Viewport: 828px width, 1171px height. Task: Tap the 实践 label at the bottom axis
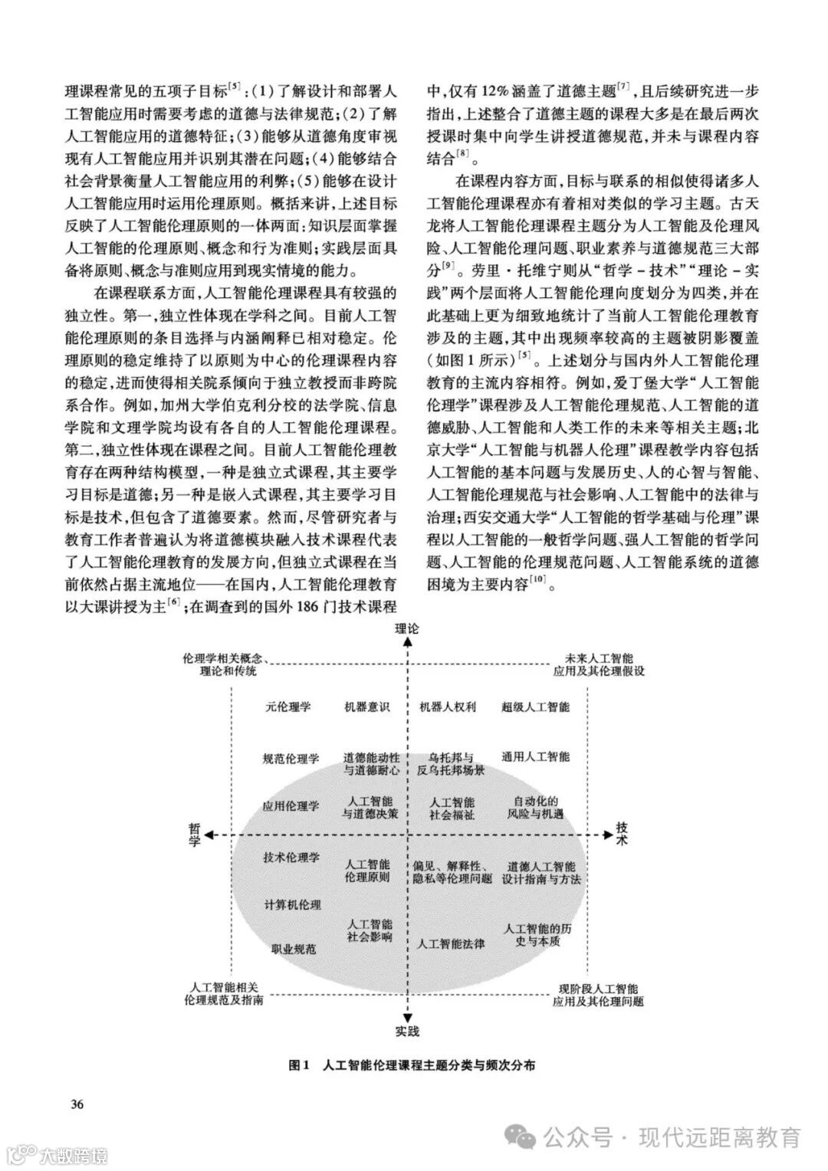click(407, 1031)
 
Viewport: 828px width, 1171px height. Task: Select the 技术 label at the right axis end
click(623, 834)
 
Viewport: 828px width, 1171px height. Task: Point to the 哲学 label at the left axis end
click(195, 835)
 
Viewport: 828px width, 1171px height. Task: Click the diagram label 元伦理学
click(288, 707)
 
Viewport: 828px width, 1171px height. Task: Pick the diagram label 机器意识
click(367, 707)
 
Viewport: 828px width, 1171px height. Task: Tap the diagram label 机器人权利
click(449, 707)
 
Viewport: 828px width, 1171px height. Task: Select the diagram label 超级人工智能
click(536, 707)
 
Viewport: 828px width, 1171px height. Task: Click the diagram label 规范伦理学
click(291, 759)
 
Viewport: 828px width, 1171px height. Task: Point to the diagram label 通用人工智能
click(536, 756)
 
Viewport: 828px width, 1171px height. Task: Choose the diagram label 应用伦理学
click(291, 806)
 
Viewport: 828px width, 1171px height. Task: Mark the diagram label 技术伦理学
click(291, 858)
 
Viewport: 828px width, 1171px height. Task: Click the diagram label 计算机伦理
click(293, 904)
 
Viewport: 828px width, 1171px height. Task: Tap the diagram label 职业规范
click(294, 949)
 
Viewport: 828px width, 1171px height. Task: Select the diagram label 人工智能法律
click(451, 943)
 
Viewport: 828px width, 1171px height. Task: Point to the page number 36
click(77, 1104)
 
